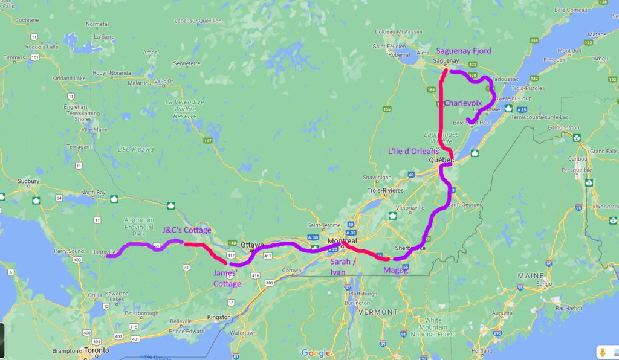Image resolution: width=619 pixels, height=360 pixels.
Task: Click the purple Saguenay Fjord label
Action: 464,51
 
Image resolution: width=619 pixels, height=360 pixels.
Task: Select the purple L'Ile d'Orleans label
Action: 413,152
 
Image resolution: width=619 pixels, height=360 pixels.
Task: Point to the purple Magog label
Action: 396,270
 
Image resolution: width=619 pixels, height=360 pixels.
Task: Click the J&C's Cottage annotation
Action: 187,230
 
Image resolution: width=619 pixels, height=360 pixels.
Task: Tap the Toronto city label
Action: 97,350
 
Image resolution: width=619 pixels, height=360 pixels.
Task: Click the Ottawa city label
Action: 252,245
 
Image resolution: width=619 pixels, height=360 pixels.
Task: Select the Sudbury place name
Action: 28,181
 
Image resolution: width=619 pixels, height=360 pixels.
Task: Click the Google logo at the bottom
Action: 316,353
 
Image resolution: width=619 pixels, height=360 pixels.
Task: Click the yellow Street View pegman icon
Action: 602,352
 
